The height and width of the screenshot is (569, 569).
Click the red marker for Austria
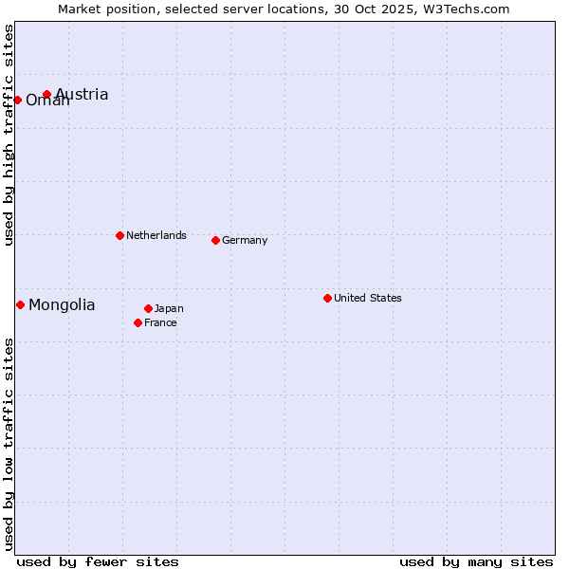point(46,94)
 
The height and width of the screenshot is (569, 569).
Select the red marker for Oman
point(17,100)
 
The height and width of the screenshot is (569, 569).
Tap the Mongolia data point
point(20,304)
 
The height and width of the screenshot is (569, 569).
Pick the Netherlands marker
point(119,235)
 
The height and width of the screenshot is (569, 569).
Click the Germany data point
point(215,240)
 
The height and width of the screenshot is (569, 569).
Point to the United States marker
point(327,298)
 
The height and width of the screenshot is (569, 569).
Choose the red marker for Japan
point(148,308)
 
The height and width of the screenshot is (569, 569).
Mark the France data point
point(138,322)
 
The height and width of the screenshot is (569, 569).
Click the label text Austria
point(82,94)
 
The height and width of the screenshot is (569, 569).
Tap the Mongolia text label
point(62,304)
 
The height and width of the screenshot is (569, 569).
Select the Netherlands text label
point(156,235)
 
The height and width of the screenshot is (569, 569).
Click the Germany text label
point(245,240)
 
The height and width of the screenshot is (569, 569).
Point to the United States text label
point(368,298)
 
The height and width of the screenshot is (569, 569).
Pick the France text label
point(160,322)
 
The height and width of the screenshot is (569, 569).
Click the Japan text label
point(169,308)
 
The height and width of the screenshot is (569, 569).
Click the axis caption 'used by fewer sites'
point(98,561)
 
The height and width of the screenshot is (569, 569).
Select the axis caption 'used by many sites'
point(476,561)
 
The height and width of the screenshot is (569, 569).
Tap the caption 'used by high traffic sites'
point(9,135)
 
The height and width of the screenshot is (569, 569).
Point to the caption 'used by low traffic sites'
point(9,444)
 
